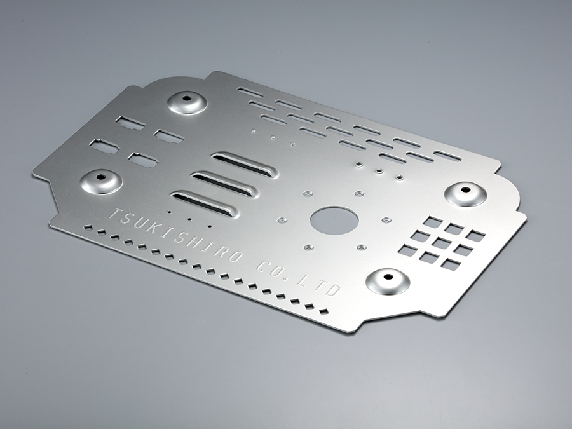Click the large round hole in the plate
[x=334, y=221]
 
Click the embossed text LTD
[x=318, y=284]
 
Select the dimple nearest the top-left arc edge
[x=187, y=102]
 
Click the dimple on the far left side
[x=101, y=181]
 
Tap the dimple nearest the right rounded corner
[x=465, y=194]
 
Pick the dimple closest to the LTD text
[x=388, y=282]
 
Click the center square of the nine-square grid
[x=442, y=243]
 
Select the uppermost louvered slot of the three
[x=245, y=164]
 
